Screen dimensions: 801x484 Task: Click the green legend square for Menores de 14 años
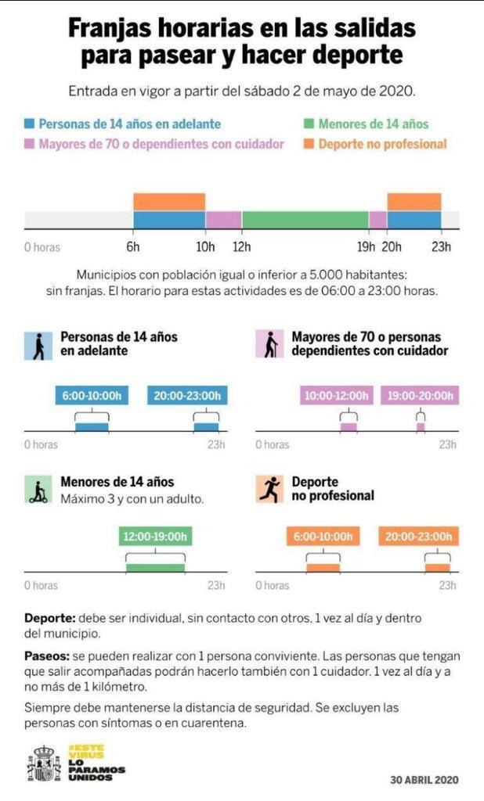(309, 124)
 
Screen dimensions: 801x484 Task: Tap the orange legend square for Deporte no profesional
(309, 144)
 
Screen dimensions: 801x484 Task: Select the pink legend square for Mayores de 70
(29, 144)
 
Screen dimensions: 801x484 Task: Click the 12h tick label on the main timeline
(241, 247)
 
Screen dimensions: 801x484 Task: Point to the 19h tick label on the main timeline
(366, 247)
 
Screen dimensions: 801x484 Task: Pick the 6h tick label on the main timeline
(133, 247)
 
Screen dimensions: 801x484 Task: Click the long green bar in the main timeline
(305, 220)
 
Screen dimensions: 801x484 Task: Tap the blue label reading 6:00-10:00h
(92, 396)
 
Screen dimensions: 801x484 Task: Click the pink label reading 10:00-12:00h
(337, 396)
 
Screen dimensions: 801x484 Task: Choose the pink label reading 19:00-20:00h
(421, 396)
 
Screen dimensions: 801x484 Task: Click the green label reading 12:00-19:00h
(155, 537)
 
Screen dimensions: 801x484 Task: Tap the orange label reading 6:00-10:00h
(323, 537)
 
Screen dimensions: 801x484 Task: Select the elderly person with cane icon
(269, 344)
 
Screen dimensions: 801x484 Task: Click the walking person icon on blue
(37, 344)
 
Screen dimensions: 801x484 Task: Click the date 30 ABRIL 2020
(424, 779)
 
